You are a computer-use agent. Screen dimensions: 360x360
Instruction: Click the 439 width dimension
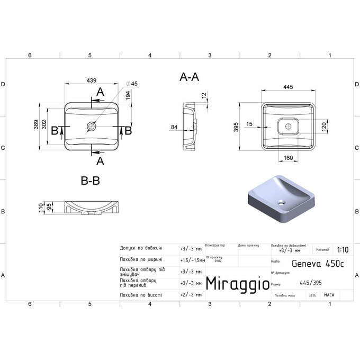tap(92, 81)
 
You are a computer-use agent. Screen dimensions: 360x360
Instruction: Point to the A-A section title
tap(189, 77)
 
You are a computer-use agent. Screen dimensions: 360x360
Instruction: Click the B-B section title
tap(90, 181)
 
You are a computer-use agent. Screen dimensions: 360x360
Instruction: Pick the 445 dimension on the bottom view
tap(289, 87)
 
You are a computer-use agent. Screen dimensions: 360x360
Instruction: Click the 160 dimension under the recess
tap(289, 158)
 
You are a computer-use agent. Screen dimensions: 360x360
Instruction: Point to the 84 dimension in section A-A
tap(174, 127)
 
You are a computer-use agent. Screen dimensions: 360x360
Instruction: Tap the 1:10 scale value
tap(342, 250)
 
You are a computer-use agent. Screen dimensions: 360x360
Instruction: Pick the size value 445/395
tap(311, 283)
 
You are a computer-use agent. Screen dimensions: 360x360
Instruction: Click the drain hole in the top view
tap(91, 127)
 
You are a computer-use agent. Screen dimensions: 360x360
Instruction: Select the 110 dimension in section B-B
tap(40, 208)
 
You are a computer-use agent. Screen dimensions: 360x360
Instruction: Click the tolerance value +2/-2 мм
tap(191, 295)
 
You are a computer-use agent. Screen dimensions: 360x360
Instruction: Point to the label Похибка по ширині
tap(141, 259)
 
